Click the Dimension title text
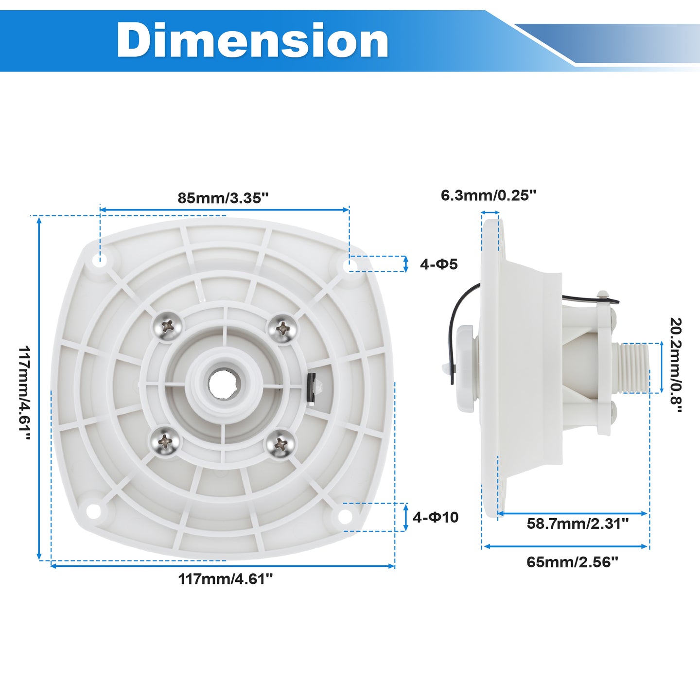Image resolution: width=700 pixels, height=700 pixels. (x=252, y=40)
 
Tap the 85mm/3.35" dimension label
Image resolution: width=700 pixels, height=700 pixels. (x=223, y=198)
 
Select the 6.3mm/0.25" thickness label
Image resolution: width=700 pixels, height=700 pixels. (x=488, y=195)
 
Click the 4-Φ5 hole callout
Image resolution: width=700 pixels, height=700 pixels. (x=439, y=264)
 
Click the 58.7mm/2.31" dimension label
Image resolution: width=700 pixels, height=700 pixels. (x=577, y=524)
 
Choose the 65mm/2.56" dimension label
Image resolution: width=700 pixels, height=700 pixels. (x=573, y=562)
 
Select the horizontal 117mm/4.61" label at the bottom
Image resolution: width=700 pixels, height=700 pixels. (x=225, y=579)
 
